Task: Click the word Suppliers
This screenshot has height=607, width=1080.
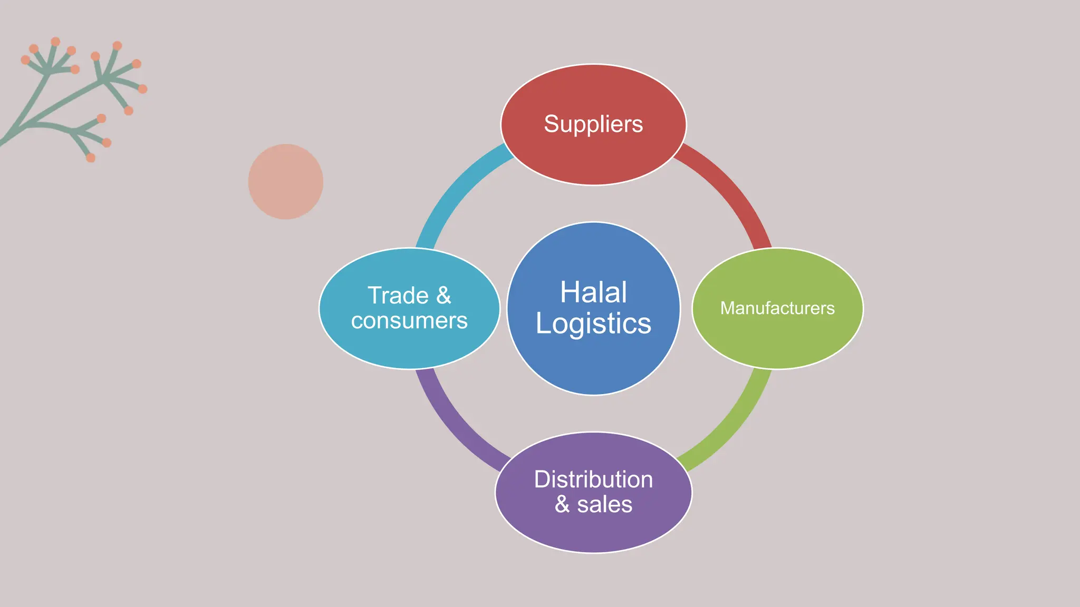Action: [593, 124]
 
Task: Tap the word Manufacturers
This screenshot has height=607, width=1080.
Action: [777, 308]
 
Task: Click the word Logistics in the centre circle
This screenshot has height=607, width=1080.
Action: [593, 324]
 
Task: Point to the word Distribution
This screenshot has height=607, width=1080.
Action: [593, 479]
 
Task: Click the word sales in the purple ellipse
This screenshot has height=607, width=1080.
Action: [604, 505]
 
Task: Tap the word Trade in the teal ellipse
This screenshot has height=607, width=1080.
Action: [398, 296]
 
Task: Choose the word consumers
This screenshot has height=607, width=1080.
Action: [409, 321]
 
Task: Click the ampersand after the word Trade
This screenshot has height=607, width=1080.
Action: [444, 296]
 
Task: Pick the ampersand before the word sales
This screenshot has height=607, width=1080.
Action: [562, 505]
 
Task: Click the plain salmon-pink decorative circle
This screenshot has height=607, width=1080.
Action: [286, 182]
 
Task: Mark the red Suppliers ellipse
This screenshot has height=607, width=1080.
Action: [593, 158]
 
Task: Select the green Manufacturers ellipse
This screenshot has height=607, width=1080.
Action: [777, 342]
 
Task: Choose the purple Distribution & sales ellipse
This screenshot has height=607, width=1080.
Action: [593, 532]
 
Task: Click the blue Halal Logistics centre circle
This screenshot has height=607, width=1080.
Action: [593, 364]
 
